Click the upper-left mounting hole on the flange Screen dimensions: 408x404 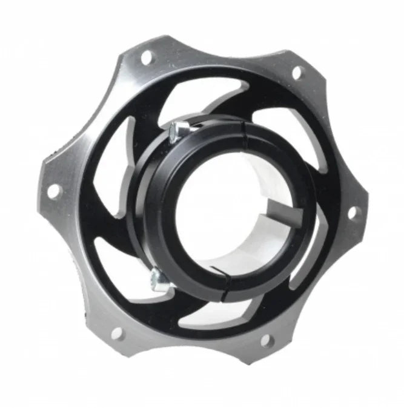point(146,58)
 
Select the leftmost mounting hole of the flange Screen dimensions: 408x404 point(54,191)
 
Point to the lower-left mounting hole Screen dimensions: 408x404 point(118,332)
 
